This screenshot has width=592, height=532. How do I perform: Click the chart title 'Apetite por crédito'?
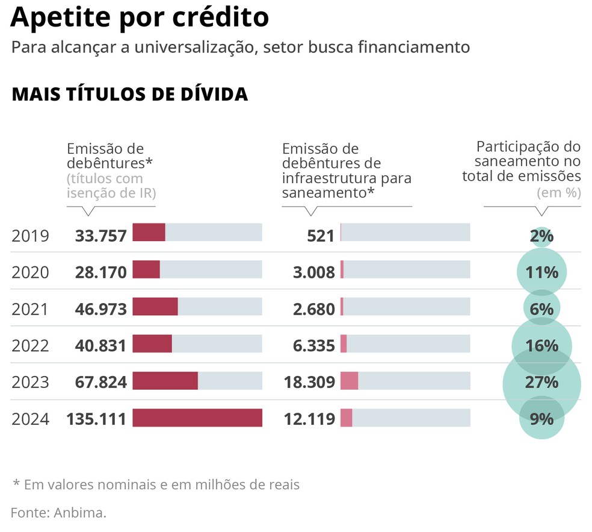140,17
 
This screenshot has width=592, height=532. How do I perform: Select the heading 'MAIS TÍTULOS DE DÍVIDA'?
129,94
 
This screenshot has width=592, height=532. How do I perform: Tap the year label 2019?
30,236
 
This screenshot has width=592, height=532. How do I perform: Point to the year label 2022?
30,346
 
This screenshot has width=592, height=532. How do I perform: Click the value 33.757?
101,236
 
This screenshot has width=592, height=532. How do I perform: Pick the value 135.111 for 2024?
96,419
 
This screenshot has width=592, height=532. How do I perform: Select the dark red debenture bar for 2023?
165,381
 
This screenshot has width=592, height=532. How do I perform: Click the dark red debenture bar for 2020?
146,269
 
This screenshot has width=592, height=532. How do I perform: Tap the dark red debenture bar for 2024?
197,418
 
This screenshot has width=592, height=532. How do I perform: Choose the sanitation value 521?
320,236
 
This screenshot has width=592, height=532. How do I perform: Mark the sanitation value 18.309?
309,383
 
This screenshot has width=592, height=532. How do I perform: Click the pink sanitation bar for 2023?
350,381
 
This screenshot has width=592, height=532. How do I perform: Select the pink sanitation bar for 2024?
347,418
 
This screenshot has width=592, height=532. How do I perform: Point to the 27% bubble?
541,383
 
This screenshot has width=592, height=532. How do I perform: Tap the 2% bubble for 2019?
541,236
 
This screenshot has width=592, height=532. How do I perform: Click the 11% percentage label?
541,272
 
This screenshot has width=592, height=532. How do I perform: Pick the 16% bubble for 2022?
541,346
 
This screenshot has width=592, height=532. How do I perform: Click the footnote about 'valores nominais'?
156,484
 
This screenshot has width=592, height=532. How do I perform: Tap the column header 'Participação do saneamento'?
527,161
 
